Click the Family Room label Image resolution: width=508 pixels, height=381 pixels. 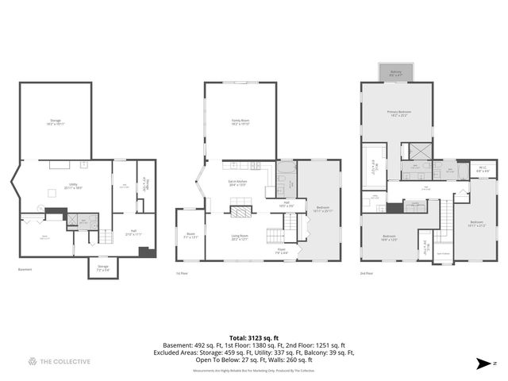241,122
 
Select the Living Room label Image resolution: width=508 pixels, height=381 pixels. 241,237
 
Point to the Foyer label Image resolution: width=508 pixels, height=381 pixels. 282,252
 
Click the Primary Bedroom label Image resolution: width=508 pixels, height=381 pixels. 398,114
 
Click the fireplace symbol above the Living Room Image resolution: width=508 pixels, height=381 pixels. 241,211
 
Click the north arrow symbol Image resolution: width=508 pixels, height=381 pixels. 482,363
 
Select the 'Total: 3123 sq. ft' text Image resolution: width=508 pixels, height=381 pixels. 253,338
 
